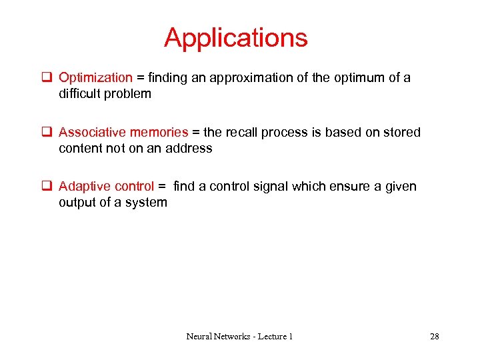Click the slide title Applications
[236, 38]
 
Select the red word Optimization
[95, 78]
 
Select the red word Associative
[92, 132]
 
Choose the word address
[190, 148]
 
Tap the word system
[147, 202]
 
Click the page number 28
[434, 336]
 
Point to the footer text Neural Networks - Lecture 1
[239, 336]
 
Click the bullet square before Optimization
[48, 78]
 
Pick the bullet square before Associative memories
[48, 132]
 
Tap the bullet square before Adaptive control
[48, 186]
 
